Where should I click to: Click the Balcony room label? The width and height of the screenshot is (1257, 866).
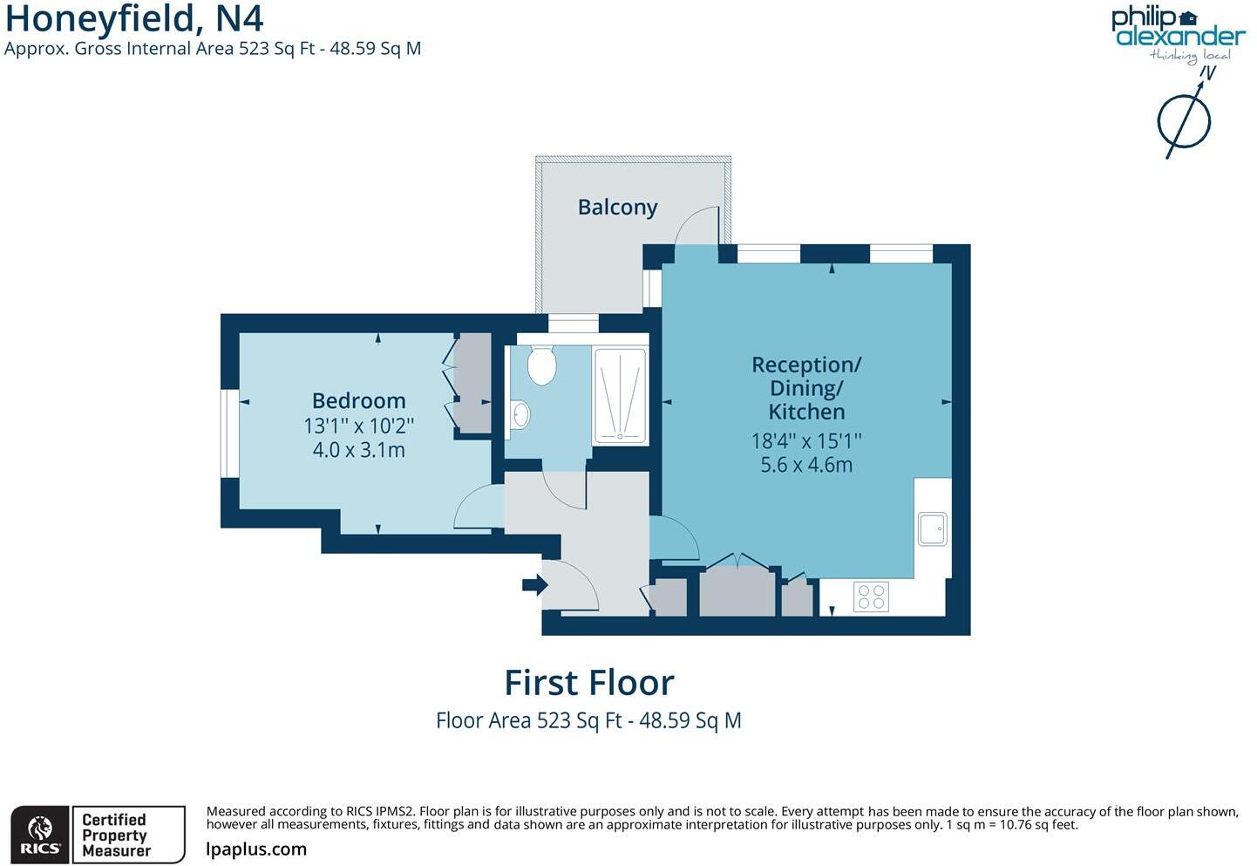coord(617,208)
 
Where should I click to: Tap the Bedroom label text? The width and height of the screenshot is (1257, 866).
coord(358,401)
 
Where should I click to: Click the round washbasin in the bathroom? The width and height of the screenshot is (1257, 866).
coord(520,413)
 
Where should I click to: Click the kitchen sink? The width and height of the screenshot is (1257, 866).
coord(932,528)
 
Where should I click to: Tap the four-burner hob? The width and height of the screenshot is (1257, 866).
coord(871,597)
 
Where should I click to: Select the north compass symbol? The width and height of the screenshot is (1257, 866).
coord(1184,120)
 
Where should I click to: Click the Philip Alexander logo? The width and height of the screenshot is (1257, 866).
coord(1177,31)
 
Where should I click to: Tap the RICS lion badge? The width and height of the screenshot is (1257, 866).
coord(40,835)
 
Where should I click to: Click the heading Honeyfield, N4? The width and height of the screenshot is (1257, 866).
coord(134,18)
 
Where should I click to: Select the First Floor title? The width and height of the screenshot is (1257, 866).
coord(589,683)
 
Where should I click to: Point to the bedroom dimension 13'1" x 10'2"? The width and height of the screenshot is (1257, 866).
coord(358,426)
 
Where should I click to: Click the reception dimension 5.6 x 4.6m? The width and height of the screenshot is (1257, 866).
coord(806,465)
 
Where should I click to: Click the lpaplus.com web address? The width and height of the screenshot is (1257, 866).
coord(256,849)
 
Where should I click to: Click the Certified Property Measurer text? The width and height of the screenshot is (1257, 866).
coord(116,835)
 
